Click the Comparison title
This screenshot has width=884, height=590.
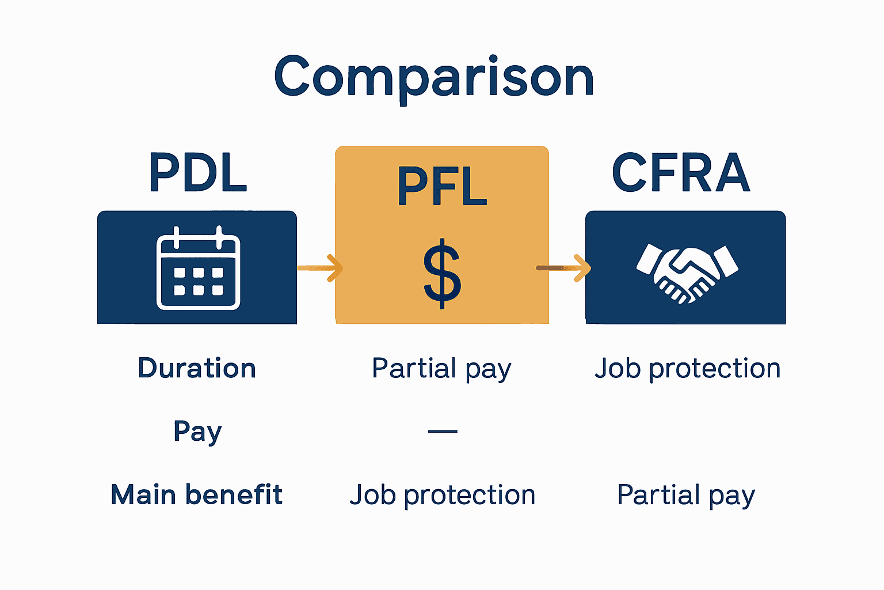(x=434, y=77)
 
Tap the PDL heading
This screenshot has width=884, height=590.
(x=198, y=172)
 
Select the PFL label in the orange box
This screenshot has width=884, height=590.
(x=442, y=186)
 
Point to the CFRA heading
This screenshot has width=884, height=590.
(x=681, y=172)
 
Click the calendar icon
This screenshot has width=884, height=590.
(x=198, y=268)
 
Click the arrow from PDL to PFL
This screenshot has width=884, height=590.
(x=320, y=268)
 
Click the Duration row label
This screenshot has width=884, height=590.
(x=197, y=368)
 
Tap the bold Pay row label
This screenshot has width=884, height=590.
(x=197, y=432)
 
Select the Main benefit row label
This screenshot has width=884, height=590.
(x=197, y=495)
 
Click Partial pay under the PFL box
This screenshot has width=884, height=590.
(x=441, y=369)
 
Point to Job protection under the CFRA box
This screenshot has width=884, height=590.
(x=687, y=369)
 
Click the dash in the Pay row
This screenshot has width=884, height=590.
(x=443, y=431)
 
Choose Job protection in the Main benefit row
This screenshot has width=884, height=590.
(x=442, y=496)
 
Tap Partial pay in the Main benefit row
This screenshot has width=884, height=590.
(x=685, y=496)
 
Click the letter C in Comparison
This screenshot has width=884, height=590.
(x=292, y=77)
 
